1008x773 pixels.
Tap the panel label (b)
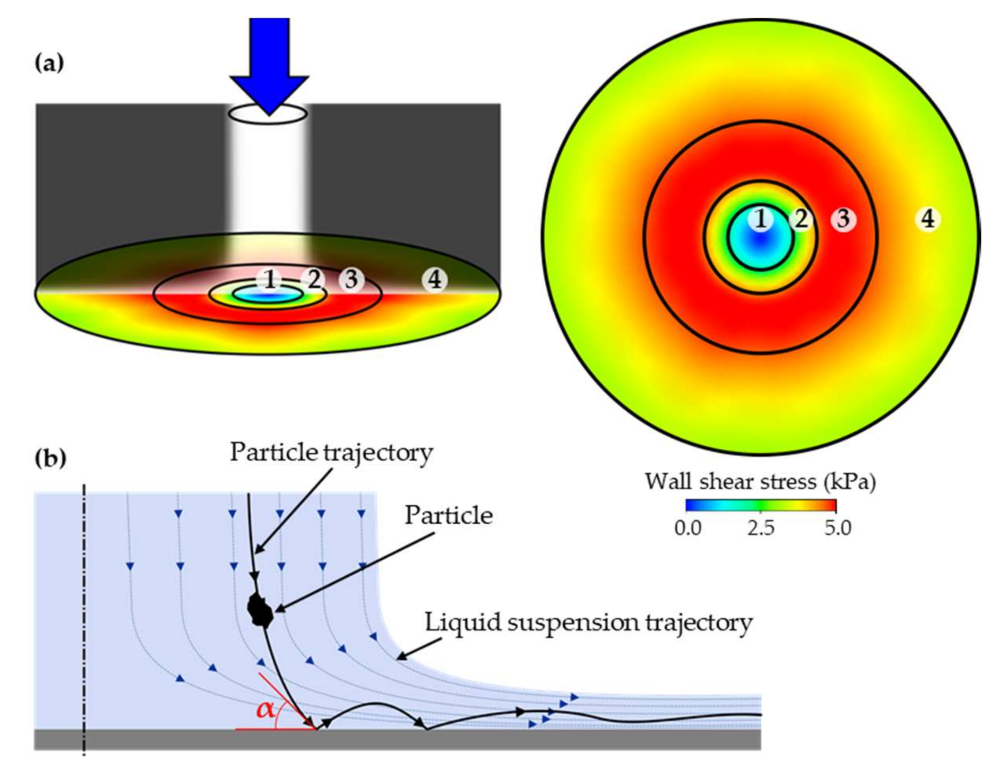point(50,459)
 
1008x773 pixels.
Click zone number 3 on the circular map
point(842,219)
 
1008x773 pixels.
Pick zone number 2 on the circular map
point(801,219)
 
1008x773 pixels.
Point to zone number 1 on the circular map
point(761,219)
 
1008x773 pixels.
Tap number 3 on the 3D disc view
point(352,279)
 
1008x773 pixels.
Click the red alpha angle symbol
point(266,709)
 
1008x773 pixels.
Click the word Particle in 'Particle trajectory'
point(273,452)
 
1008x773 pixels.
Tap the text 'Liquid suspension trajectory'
point(588,622)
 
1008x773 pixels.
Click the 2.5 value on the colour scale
point(761,528)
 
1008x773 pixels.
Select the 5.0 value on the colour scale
point(837,528)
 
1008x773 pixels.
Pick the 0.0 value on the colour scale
point(688,528)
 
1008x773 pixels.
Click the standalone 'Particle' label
point(448,516)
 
